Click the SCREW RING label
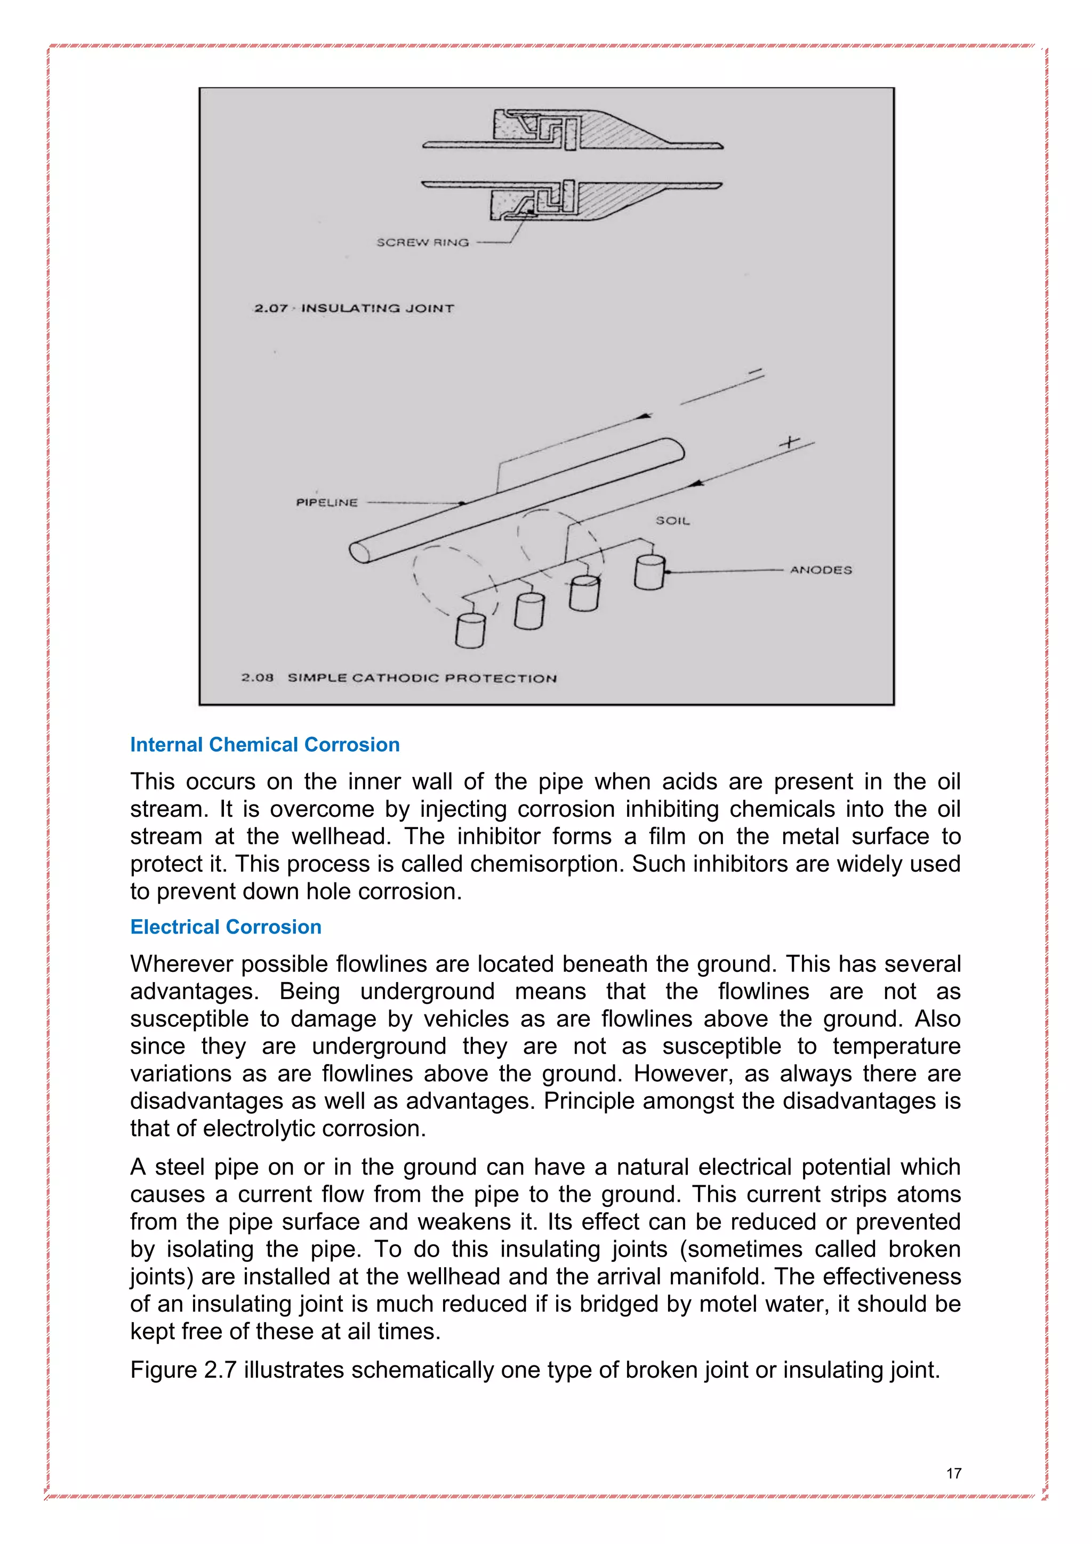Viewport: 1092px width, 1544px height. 422,242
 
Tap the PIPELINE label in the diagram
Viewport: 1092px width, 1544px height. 327,502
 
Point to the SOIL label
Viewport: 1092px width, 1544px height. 672,520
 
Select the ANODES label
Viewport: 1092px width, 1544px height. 821,569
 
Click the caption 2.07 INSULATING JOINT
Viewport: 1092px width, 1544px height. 354,308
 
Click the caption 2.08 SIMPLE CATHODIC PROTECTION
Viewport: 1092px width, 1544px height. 399,678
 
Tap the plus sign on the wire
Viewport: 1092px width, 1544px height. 789,443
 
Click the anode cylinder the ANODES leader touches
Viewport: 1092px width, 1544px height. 649,572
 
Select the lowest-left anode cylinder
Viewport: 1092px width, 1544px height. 470,631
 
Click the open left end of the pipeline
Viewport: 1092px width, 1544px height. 360,552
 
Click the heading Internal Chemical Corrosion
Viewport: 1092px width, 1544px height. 265,744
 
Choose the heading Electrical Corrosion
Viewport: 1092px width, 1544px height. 226,927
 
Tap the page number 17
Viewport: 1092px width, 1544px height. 953,1474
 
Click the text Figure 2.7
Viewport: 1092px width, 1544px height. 183,1370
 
